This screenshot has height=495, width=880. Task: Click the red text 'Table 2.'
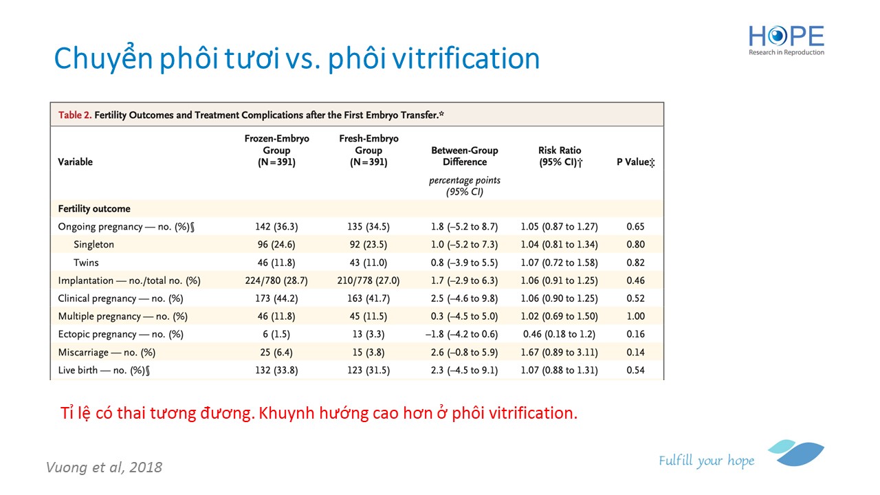click(75, 115)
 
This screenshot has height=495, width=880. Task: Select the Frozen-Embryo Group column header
click(276, 150)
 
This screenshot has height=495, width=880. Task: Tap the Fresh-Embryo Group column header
click(368, 150)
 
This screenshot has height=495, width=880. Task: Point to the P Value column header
click(636, 162)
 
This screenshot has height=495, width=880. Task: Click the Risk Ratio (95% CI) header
click(560, 156)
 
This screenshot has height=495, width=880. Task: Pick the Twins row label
click(86, 263)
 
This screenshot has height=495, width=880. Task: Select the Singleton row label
click(94, 244)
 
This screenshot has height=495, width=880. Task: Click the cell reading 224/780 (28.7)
click(276, 280)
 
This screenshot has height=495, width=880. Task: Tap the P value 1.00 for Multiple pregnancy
click(636, 316)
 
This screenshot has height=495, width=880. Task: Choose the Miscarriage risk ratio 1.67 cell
click(560, 353)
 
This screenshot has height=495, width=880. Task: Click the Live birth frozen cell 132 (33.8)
click(276, 370)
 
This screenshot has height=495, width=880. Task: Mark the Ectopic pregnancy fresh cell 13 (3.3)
click(368, 334)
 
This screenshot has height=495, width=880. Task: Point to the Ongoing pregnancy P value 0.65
click(636, 227)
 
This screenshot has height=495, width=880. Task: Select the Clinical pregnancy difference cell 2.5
click(464, 298)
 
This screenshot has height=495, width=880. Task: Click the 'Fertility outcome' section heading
click(94, 208)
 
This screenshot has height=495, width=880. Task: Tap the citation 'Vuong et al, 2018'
click(104, 467)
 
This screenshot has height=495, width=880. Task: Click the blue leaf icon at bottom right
click(796, 452)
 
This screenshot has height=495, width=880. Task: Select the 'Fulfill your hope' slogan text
click(707, 461)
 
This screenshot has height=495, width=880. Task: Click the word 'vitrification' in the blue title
click(466, 59)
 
